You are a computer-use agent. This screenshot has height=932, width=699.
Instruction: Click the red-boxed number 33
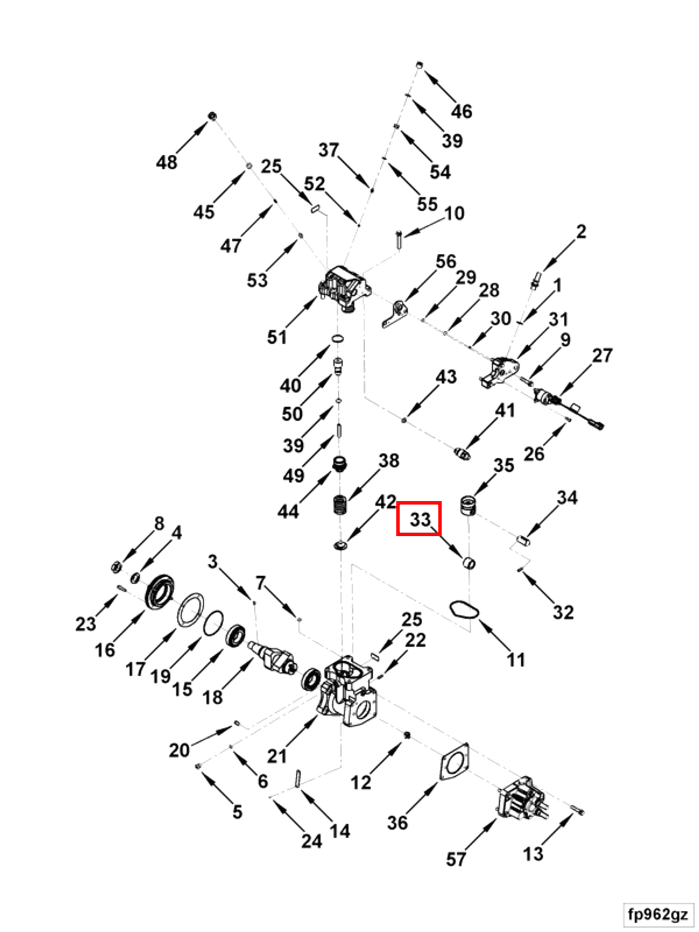(x=420, y=519)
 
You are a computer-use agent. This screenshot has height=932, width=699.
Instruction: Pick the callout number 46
(x=462, y=112)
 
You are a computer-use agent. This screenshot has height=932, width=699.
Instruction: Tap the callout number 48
(x=167, y=162)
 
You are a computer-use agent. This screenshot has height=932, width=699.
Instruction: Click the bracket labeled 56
(x=395, y=313)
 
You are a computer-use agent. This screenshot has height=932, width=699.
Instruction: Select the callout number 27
(x=602, y=356)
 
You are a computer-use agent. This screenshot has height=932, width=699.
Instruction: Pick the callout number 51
(x=277, y=337)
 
